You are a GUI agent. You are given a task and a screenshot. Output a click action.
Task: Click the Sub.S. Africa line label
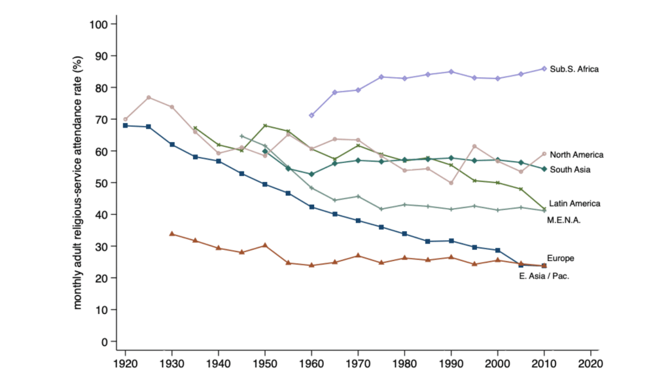(x=574, y=69)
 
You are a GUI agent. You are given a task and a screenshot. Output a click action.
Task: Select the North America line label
(x=576, y=155)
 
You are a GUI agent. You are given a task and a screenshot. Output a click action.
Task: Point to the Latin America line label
(x=574, y=204)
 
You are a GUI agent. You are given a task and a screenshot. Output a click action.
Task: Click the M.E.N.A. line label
(x=563, y=220)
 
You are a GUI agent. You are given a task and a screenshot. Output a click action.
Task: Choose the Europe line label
(x=560, y=258)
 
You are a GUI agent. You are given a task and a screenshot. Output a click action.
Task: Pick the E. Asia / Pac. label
(x=544, y=276)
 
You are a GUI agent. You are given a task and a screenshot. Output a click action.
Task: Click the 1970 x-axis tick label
(x=358, y=362)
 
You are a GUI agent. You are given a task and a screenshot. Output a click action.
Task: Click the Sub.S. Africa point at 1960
(x=311, y=115)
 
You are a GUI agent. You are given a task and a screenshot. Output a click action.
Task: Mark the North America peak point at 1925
(x=149, y=98)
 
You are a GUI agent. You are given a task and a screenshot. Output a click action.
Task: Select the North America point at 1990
(x=451, y=183)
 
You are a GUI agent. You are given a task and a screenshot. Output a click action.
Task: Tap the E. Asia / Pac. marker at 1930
(x=172, y=234)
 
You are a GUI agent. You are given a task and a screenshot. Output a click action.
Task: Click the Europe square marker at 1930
(x=172, y=144)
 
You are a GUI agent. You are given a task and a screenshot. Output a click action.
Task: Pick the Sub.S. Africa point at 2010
(x=544, y=69)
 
